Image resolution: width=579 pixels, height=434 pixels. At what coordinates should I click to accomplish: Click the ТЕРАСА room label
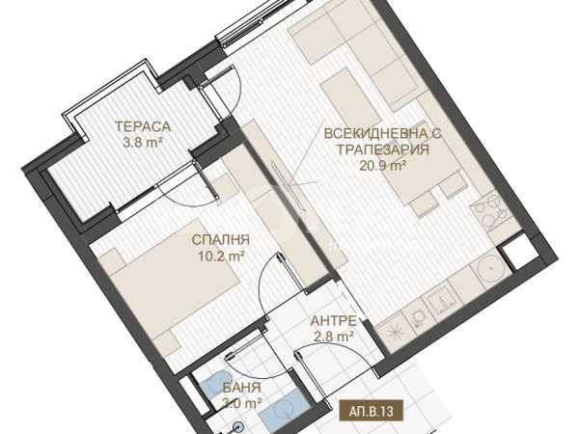pyautogui.click(x=143, y=126)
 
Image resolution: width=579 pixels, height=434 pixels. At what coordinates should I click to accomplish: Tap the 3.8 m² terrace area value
pyautogui.click(x=143, y=143)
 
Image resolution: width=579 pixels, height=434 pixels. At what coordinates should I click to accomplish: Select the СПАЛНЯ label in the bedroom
pyautogui.click(x=221, y=240)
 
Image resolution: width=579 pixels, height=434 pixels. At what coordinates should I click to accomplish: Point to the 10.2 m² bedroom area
pyautogui.click(x=221, y=256)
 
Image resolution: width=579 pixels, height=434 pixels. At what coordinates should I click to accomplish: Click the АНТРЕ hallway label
pyautogui.click(x=334, y=321)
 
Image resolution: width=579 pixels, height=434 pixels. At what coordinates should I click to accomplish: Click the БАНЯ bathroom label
pyautogui.click(x=242, y=388)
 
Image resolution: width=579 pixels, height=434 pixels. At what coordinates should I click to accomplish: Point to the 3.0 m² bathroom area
pyautogui.click(x=242, y=403)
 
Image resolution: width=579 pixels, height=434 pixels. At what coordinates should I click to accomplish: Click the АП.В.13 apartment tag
pyautogui.click(x=371, y=411)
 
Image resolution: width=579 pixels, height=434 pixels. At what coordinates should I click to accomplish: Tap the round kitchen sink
pyautogui.click(x=491, y=267)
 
